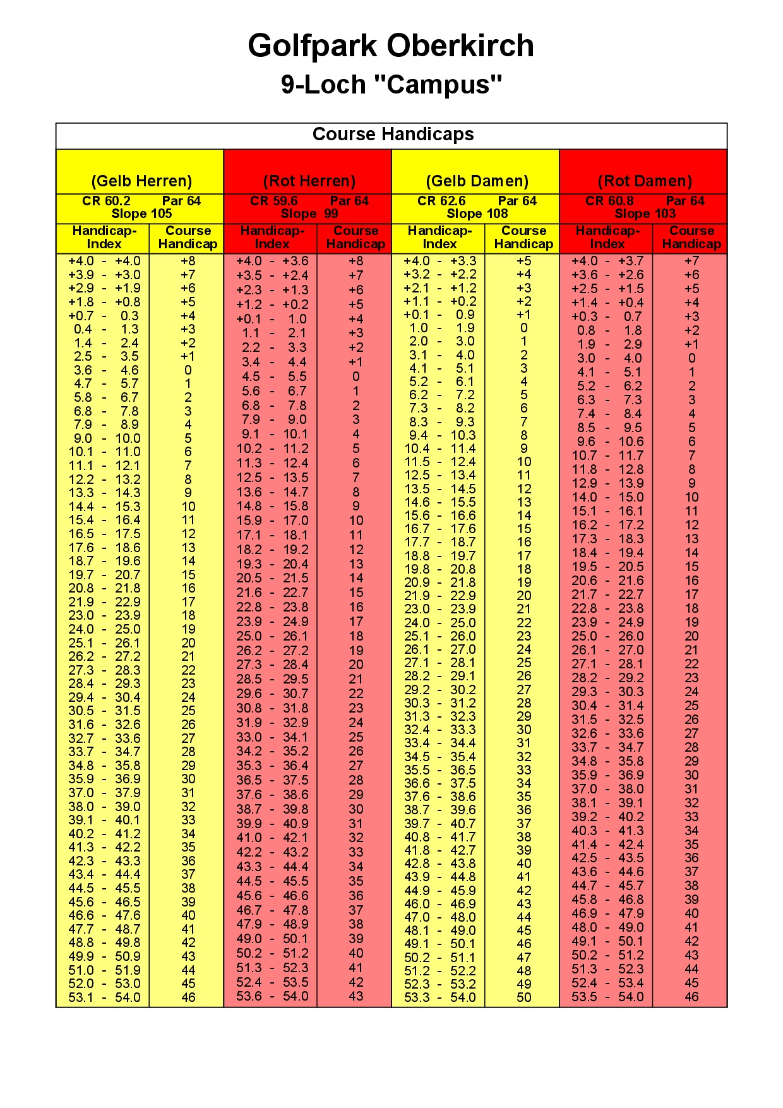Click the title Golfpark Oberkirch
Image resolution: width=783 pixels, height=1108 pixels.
(391, 45)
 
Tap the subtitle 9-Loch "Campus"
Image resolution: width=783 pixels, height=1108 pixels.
(391, 84)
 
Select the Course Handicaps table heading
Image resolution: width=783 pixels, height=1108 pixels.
(393, 134)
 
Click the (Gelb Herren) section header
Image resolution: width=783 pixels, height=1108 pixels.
(141, 181)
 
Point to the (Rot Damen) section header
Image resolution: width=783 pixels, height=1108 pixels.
(645, 181)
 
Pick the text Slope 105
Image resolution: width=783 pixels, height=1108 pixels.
(141, 214)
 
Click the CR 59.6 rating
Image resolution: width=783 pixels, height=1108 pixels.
(273, 201)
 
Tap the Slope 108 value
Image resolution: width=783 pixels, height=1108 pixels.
(477, 214)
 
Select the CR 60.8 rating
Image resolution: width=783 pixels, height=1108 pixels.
(609, 201)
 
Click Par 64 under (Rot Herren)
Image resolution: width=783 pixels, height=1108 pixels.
(349, 201)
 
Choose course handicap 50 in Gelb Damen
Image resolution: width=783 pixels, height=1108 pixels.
(523, 997)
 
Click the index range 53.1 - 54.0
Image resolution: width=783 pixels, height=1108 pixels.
(104, 997)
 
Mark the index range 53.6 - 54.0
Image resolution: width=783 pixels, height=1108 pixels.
(272, 996)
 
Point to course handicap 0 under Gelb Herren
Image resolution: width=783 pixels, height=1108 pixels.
(188, 370)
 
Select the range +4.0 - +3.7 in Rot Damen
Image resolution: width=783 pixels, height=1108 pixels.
(607, 261)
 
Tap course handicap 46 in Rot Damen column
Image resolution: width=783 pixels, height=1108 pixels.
(691, 997)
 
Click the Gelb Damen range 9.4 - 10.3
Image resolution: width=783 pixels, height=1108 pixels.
(439, 435)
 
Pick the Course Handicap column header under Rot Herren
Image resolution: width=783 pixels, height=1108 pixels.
(356, 238)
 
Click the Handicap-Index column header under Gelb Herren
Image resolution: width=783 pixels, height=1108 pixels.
(104, 238)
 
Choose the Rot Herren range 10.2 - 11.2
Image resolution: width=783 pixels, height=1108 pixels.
(272, 449)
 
